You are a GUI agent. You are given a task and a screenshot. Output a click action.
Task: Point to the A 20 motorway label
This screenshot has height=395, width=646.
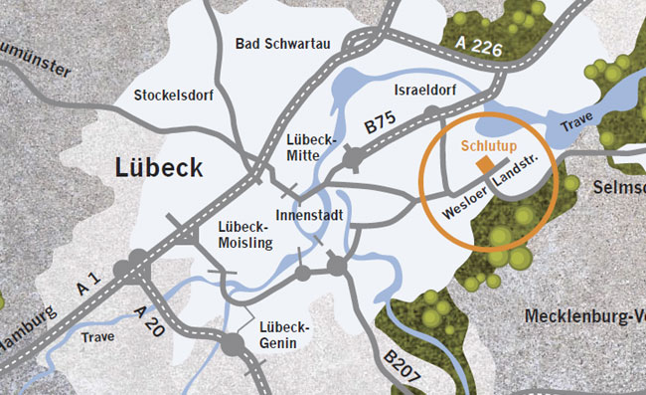pyautogui.click(x=150, y=323)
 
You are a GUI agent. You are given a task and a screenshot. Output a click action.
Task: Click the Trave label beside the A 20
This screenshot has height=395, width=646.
pyautogui.click(x=98, y=336)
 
